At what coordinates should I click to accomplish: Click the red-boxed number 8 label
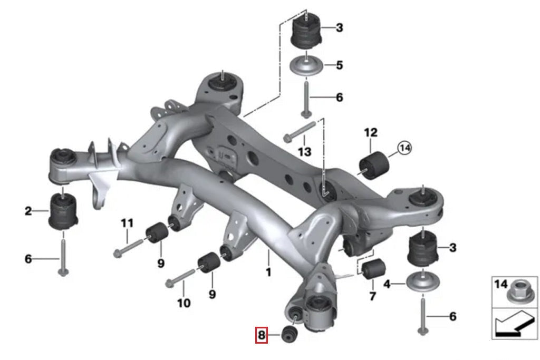(x=262, y=335)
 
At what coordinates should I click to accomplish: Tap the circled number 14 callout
(x=404, y=149)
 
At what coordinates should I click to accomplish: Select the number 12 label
(x=371, y=132)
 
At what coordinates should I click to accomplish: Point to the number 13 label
(x=305, y=152)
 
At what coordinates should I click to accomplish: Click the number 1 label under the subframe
(x=268, y=273)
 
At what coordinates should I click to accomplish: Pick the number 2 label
(x=28, y=212)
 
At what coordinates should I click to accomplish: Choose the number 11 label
(x=127, y=223)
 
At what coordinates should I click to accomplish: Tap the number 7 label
(x=373, y=296)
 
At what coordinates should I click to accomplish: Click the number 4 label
(x=387, y=284)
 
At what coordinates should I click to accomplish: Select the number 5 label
(x=339, y=65)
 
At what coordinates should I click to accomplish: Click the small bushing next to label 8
(x=290, y=334)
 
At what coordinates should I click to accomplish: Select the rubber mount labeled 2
(x=63, y=212)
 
